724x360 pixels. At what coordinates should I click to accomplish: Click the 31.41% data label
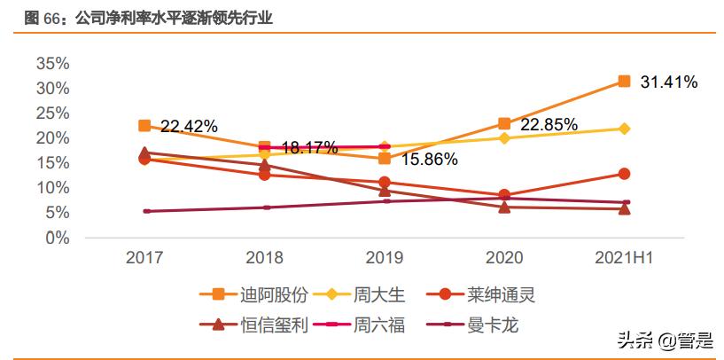[x=668, y=82]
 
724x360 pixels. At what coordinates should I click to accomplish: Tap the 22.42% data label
[x=189, y=127]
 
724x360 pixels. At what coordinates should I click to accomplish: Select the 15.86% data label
[x=429, y=160]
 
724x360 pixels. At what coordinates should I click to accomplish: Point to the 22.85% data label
[x=549, y=124]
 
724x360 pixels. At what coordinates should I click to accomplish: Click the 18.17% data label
[x=309, y=147]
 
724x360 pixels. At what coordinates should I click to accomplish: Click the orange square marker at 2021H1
[x=624, y=82]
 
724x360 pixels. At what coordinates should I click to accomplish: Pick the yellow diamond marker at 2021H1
[x=624, y=129]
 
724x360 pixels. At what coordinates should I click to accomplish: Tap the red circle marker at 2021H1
[x=624, y=174]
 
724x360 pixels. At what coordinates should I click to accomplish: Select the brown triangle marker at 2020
[x=504, y=207]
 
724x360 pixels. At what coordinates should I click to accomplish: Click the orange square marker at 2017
[x=144, y=126]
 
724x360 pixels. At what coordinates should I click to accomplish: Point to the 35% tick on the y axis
[x=52, y=63]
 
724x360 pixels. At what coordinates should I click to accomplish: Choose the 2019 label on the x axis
[x=384, y=258]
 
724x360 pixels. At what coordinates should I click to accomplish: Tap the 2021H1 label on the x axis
[x=624, y=258]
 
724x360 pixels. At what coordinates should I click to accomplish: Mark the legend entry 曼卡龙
[x=492, y=325]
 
